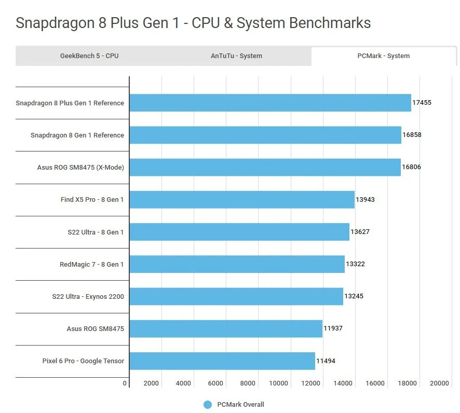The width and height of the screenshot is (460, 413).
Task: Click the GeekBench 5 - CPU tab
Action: (x=89, y=56)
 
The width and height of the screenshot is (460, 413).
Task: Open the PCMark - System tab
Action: (x=384, y=56)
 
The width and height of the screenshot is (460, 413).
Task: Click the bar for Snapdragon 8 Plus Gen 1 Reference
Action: (x=270, y=103)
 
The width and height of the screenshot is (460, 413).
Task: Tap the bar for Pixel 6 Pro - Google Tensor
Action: (x=222, y=361)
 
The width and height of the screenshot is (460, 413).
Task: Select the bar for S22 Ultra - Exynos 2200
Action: (x=236, y=296)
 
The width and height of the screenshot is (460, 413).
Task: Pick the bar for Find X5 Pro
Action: (x=242, y=200)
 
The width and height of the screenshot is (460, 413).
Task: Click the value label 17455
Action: (x=422, y=103)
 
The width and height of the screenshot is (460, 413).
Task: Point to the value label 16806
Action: (x=411, y=168)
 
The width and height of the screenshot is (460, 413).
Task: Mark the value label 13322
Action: (x=355, y=264)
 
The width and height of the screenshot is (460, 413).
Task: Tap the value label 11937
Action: (x=333, y=328)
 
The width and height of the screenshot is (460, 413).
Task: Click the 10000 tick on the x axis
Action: (x=278, y=383)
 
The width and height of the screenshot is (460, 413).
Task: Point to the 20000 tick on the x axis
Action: (x=439, y=383)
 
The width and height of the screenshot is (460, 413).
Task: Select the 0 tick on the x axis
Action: (x=125, y=383)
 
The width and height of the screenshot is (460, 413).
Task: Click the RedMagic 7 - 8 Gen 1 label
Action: (x=92, y=265)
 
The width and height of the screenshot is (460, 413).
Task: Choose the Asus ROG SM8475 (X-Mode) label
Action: (x=80, y=168)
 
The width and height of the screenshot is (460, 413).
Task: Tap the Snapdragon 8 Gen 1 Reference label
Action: (x=77, y=135)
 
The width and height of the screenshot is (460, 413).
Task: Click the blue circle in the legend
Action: (x=208, y=405)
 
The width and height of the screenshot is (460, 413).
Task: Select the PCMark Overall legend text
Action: (x=240, y=405)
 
